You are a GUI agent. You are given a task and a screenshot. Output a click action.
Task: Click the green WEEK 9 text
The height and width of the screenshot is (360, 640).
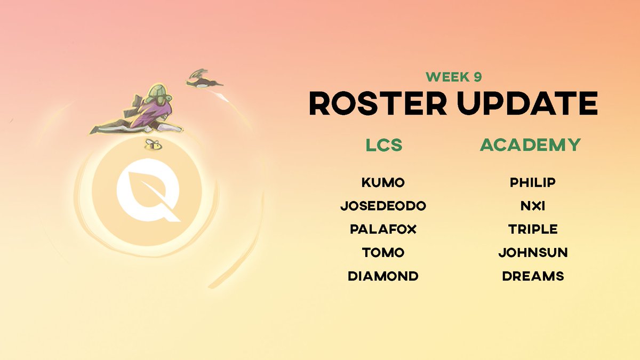pos(453,77)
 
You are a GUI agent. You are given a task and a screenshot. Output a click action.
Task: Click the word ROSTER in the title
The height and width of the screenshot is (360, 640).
pos(378,103)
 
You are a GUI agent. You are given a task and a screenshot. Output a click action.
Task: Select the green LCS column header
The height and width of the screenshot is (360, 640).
pos(383,145)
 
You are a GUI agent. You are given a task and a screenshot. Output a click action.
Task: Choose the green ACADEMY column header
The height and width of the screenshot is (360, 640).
pos(530,145)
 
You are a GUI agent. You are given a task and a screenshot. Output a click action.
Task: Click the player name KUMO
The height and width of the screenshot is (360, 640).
pos(383,183)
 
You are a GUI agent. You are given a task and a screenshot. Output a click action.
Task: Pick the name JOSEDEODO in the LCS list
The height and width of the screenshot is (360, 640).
pos(383,206)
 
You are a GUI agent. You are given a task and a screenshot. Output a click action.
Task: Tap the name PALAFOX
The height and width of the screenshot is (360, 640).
pos(383,229)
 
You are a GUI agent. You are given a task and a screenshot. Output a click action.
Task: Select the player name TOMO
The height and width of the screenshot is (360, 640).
pos(383,253)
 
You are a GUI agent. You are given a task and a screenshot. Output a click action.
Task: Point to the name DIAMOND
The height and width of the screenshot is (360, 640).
pos(383,276)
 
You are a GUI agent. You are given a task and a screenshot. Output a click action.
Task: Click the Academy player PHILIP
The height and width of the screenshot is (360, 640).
pos(532,183)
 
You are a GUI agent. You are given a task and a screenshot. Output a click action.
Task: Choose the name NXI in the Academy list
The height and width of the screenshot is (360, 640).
pos(532,206)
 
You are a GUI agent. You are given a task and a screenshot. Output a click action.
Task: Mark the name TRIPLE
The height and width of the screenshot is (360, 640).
pos(532,229)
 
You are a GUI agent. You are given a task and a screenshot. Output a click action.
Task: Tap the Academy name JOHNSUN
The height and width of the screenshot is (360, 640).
pos(532,253)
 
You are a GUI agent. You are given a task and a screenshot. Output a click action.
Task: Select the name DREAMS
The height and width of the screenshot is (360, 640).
pos(532,276)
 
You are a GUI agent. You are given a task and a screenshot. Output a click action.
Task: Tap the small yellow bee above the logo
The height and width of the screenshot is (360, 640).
pos(153,144)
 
